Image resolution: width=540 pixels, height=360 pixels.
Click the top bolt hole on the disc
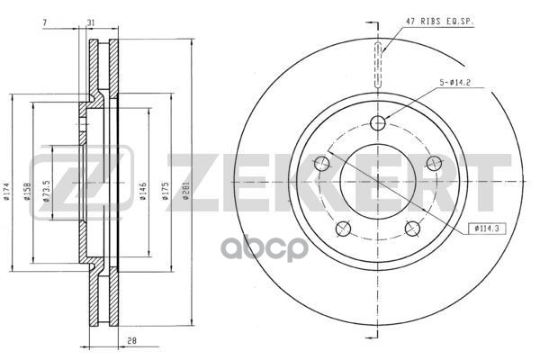point(378,122)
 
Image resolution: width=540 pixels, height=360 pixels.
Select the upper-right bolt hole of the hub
point(435,163)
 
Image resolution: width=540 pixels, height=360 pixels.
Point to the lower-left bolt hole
point(343,229)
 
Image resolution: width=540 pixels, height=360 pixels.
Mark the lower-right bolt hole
point(413,229)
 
